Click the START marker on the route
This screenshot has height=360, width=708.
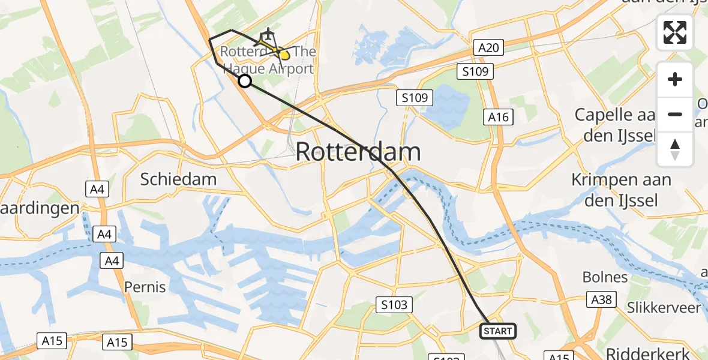[497, 331]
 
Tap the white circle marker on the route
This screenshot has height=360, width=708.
[245, 81]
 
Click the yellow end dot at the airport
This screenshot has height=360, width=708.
[284, 56]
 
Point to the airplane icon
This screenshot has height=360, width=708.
[267, 34]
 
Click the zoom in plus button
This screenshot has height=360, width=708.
[675, 79]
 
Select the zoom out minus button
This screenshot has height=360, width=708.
[675, 114]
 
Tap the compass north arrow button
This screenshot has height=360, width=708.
[675, 149]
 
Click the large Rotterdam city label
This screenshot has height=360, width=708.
[358, 152]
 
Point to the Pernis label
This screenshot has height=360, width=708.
[145, 287]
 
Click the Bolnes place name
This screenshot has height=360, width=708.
[605, 277]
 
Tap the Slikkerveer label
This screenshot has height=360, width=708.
[664, 308]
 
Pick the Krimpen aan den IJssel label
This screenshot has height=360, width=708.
[614, 190]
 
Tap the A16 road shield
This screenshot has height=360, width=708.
[499, 117]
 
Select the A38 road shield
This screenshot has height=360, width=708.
[601, 299]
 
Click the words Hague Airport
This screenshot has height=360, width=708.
[267, 68]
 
